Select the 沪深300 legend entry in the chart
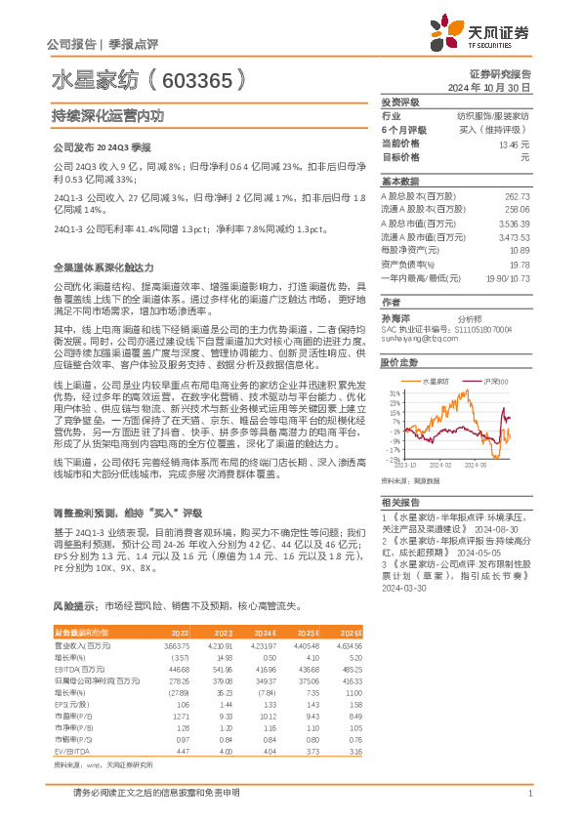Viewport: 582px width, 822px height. pos(494,381)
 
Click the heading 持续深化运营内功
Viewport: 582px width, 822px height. pos(107,114)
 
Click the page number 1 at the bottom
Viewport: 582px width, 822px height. pos(528,793)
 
